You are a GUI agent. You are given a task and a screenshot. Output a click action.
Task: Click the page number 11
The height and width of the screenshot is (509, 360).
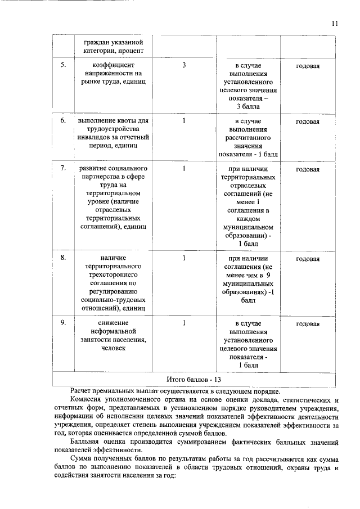pyautogui.click(x=335, y=23)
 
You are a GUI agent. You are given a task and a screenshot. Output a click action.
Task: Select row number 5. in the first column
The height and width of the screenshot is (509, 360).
pyautogui.click(x=64, y=65)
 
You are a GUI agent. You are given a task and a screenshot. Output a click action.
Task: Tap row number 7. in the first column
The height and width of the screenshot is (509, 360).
pyautogui.click(x=64, y=168)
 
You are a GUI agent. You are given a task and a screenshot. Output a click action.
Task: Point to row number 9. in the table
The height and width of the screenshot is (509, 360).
pyautogui.click(x=64, y=323)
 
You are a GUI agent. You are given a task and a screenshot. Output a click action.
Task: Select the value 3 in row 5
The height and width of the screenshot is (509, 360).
pyautogui.click(x=184, y=65)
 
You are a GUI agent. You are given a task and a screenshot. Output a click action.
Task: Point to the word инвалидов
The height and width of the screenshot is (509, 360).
pyautogui.click(x=95, y=138)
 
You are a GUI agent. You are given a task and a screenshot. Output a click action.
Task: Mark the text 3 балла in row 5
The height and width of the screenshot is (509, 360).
pyautogui.click(x=247, y=106)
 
